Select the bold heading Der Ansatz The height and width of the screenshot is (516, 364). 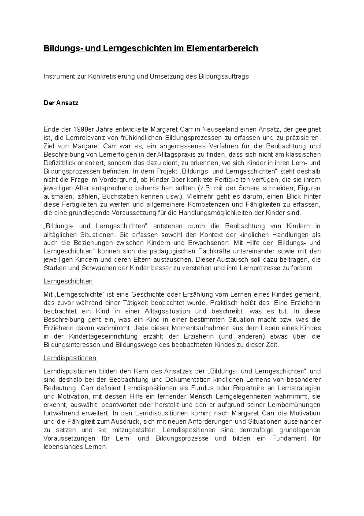click(61, 103)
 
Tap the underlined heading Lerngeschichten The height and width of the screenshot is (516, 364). click(68, 281)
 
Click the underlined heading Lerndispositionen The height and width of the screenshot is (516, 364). click(70, 358)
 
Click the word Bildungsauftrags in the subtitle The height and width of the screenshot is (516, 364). click(223, 77)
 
